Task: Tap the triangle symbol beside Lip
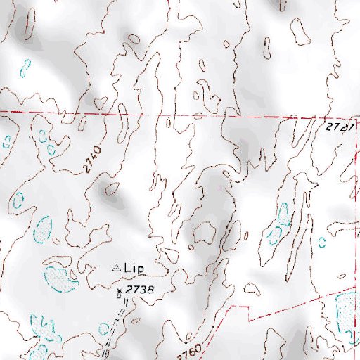117,268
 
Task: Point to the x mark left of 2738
119,290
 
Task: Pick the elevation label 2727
338,127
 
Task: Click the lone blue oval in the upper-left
25,68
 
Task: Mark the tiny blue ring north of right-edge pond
322,243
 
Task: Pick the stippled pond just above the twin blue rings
44,228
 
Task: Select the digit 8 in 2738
149,289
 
